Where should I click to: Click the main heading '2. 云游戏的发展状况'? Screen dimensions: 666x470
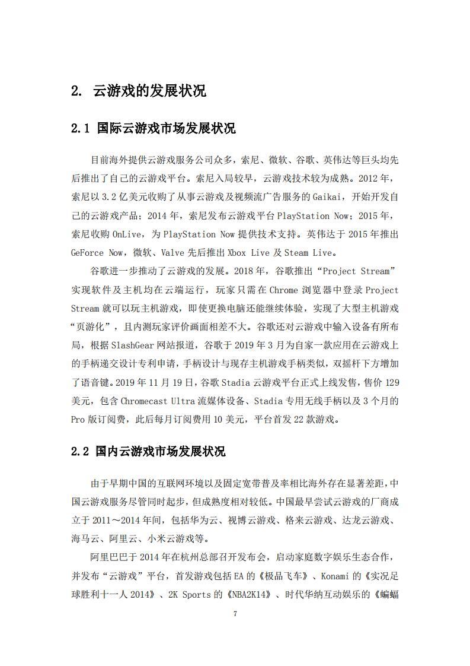(x=138, y=91)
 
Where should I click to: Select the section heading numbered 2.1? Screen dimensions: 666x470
(x=153, y=128)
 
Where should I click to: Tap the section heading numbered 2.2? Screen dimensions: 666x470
(x=148, y=452)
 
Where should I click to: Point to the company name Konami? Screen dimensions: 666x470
(x=340, y=576)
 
